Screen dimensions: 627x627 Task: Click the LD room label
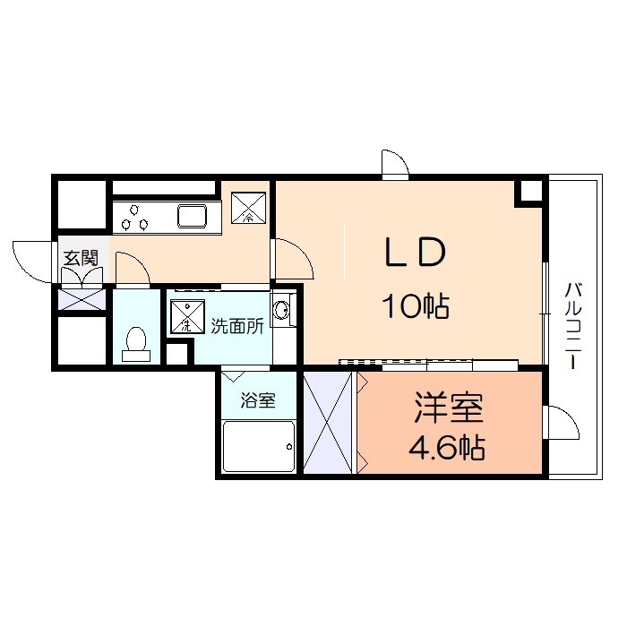415,252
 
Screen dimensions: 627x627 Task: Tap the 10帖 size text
416,306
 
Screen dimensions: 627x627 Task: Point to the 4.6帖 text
447,447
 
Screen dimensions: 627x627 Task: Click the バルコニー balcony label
572,325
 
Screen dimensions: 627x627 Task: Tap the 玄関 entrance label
81,258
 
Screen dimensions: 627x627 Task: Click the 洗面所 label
237,326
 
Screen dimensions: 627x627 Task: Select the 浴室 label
258,399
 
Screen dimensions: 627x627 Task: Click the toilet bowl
136,344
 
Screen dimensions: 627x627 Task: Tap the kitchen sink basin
193,218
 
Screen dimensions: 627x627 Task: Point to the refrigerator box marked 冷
248,208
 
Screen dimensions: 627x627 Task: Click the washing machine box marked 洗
187,316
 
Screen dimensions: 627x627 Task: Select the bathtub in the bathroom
259,446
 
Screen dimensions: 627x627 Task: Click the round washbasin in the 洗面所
281,309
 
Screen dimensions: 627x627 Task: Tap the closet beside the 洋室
328,423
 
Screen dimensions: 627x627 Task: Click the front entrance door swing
32,262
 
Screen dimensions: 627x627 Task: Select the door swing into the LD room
293,259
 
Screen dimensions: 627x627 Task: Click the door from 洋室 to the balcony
562,423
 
